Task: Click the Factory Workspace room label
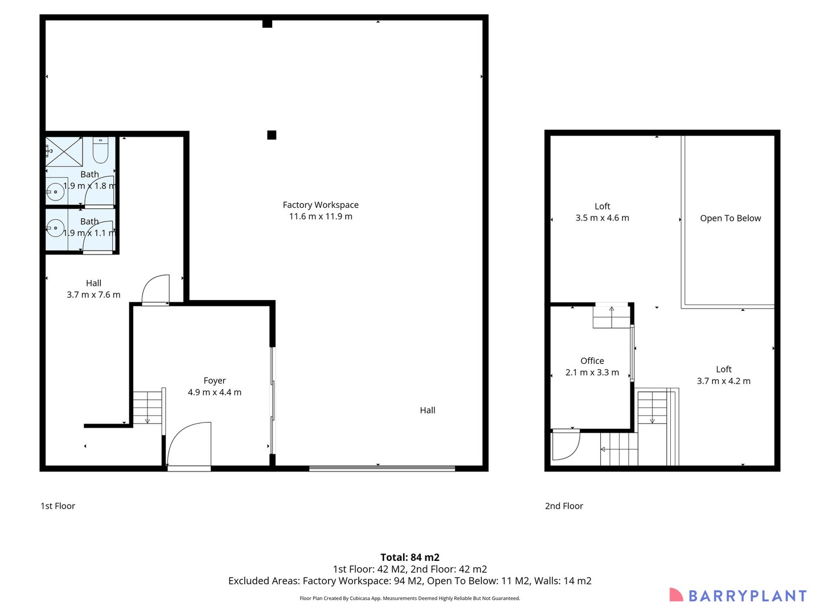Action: pos(321,205)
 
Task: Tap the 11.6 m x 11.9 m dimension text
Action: pos(321,216)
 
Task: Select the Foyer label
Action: pos(215,380)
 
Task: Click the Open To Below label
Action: pos(730,218)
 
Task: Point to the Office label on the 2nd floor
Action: pos(592,360)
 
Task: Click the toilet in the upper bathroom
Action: pos(100,150)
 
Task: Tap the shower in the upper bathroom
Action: pos(64,151)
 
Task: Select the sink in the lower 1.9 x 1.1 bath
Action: pos(55,229)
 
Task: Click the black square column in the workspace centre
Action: pos(272,135)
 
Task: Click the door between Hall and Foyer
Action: pos(155,290)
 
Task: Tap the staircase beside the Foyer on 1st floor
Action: pos(147,408)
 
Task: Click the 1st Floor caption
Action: pos(58,506)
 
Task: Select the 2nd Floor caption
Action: pos(564,506)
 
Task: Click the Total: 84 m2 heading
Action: pos(409,557)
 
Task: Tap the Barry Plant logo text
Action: pos(747,596)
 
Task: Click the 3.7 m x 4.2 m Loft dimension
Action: pos(723,381)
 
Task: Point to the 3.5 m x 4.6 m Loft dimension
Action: pos(602,218)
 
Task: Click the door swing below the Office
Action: pos(565,444)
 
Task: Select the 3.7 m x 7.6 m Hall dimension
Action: pos(93,294)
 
